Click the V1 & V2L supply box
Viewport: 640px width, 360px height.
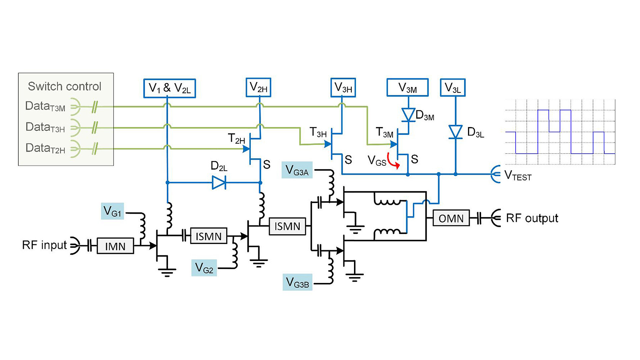[x=169, y=88]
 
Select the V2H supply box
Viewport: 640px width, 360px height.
[x=258, y=87]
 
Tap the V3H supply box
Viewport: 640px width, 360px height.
[x=343, y=88]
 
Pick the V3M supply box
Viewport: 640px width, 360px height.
[x=407, y=88]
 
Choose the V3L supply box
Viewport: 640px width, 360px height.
[x=453, y=88]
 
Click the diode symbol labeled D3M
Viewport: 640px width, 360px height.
[x=408, y=115]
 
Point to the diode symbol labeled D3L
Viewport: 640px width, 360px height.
[x=455, y=132]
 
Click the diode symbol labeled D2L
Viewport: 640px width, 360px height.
[x=219, y=182]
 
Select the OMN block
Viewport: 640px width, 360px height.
[x=451, y=218]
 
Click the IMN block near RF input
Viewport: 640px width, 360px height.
[x=115, y=246]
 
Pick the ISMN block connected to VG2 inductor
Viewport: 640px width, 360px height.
[x=209, y=236]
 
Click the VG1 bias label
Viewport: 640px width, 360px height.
[x=112, y=211]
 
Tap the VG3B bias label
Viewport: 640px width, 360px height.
[x=297, y=283]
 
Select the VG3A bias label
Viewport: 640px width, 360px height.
[x=297, y=170]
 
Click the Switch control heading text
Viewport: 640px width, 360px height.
[x=64, y=86]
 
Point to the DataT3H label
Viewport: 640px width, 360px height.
[x=45, y=127]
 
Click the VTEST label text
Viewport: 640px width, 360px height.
[x=518, y=175]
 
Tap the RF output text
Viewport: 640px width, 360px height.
[x=532, y=218]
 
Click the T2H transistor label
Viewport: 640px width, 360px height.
[x=236, y=138]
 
